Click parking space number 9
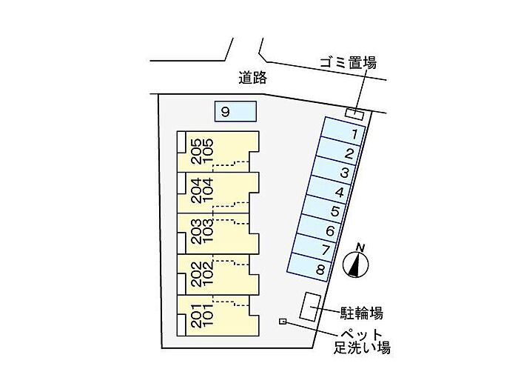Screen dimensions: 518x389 click(235, 111)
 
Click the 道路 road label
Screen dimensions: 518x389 click(253, 78)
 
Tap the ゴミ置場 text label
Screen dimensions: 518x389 click(348, 62)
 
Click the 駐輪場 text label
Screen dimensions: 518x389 click(362, 313)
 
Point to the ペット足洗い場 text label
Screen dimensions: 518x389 click(362, 342)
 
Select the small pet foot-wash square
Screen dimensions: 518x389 click(283, 321)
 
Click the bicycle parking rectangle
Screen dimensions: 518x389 click(310, 306)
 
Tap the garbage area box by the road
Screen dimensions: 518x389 click(354, 114)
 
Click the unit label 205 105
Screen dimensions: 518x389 click(202, 151)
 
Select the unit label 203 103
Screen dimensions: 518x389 click(202, 231)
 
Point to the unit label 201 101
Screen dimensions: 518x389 click(202, 315)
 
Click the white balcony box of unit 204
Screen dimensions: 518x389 click(181, 183)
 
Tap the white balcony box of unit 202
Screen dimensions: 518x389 click(181, 285)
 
